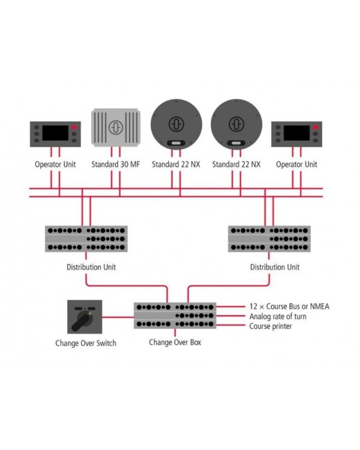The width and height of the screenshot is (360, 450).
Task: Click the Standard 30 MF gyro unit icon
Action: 115,127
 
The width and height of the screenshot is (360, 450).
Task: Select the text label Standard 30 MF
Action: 115,164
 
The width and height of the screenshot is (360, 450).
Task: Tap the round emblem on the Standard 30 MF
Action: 115,128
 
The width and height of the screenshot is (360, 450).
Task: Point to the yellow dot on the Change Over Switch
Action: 89,311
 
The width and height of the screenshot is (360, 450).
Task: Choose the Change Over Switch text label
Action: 86,343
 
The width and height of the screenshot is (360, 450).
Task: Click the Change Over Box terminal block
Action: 175,315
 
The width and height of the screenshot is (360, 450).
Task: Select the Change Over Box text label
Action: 175,342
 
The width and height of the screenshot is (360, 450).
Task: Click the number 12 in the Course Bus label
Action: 253,306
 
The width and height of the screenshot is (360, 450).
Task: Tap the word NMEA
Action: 317,306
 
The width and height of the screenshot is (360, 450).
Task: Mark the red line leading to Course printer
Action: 230,326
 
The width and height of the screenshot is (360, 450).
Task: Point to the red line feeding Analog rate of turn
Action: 230,316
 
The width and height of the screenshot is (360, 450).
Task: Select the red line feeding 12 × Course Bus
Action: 230,306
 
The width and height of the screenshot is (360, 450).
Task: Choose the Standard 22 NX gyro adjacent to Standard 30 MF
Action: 176,123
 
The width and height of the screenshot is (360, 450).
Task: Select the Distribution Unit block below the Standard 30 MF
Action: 86,239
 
